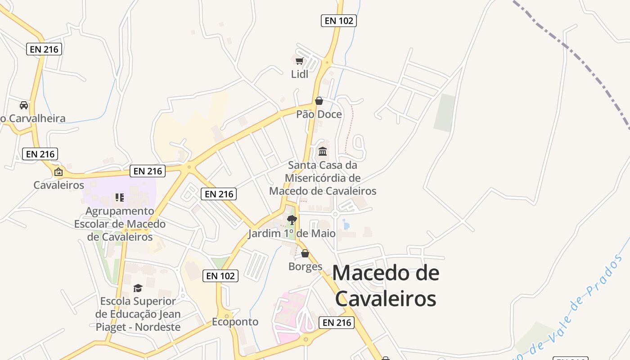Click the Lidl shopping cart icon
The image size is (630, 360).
(x=299, y=61)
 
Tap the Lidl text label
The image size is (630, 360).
(x=300, y=74)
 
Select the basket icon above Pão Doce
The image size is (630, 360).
(x=319, y=101)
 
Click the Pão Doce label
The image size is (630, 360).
(x=319, y=114)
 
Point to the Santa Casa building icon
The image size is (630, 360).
(x=323, y=151)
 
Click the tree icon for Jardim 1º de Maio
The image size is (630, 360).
(x=292, y=220)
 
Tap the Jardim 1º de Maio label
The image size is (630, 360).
(x=292, y=234)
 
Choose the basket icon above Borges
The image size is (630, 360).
(x=305, y=253)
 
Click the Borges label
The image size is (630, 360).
(x=306, y=266)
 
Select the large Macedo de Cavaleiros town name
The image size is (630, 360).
(x=386, y=285)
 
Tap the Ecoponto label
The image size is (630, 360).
(x=235, y=322)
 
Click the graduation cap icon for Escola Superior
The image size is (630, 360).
(x=138, y=288)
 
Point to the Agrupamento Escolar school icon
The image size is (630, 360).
(x=119, y=197)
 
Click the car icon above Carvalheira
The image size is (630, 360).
(x=24, y=105)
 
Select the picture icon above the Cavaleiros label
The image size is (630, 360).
(x=58, y=171)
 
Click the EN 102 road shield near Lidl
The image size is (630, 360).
(x=338, y=21)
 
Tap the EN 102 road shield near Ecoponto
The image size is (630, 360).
(x=220, y=276)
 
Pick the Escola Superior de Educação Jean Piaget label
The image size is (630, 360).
(x=138, y=314)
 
